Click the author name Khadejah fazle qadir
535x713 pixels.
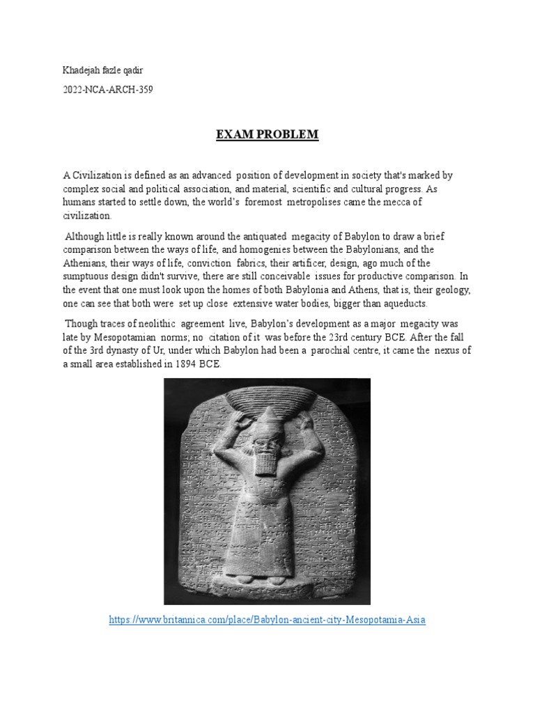(x=102, y=70)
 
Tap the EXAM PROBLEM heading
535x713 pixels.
(x=267, y=134)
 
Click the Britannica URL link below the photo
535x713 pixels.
(x=267, y=619)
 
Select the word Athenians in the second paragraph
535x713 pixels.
(x=86, y=262)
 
